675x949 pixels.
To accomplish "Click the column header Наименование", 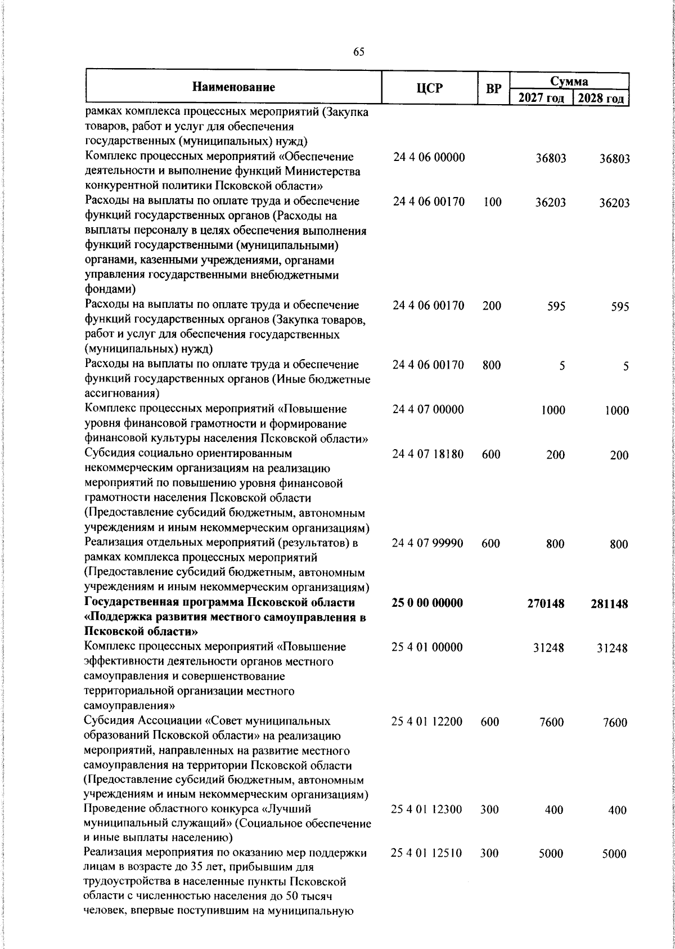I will point(233,87).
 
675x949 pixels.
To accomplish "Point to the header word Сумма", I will point(569,81).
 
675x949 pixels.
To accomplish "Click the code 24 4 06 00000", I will point(429,158).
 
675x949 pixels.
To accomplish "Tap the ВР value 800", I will point(492,365).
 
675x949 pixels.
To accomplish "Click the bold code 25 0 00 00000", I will point(427,603).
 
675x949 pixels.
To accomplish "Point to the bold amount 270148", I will point(546,604).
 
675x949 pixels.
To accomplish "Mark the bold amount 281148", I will point(609,604).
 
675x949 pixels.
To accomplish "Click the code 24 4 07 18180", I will point(428,454).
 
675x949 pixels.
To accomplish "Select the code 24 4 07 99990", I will point(428,543).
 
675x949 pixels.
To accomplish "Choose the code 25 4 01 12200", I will point(427,721).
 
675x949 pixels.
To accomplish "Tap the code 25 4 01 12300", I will point(427,809).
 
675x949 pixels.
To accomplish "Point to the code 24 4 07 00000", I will point(428,409).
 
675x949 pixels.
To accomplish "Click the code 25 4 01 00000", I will point(427,647).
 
